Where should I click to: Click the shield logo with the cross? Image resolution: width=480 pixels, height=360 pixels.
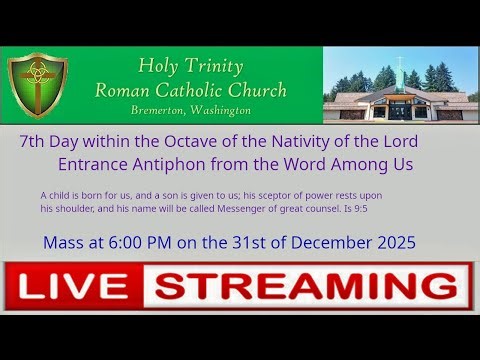coord(37,85)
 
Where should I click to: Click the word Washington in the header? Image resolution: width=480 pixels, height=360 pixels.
coord(218,110)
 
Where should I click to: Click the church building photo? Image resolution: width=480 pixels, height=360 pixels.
coord(400,85)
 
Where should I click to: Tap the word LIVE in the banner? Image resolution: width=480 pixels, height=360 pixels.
coord(75,288)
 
